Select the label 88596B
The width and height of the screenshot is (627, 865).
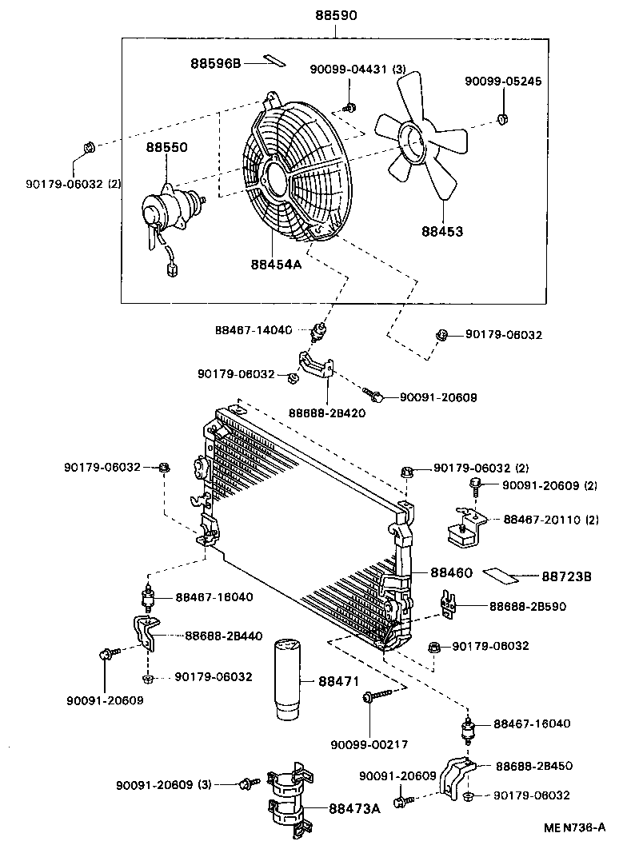pyautogui.click(x=215, y=62)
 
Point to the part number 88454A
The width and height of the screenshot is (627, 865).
pyautogui.click(x=275, y=265)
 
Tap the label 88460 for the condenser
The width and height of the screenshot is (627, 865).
pyautogui.click(x=452, y=573)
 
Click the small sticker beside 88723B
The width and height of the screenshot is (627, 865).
pyautogui.click(x=501, y=574)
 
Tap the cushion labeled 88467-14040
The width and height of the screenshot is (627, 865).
pyautogui.click(x=323, y=329)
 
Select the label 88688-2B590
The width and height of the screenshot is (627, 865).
pyautogui.click(x=528, y=606)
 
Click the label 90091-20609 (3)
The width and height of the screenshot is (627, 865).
pyautogui.click(x=163, y=784)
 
